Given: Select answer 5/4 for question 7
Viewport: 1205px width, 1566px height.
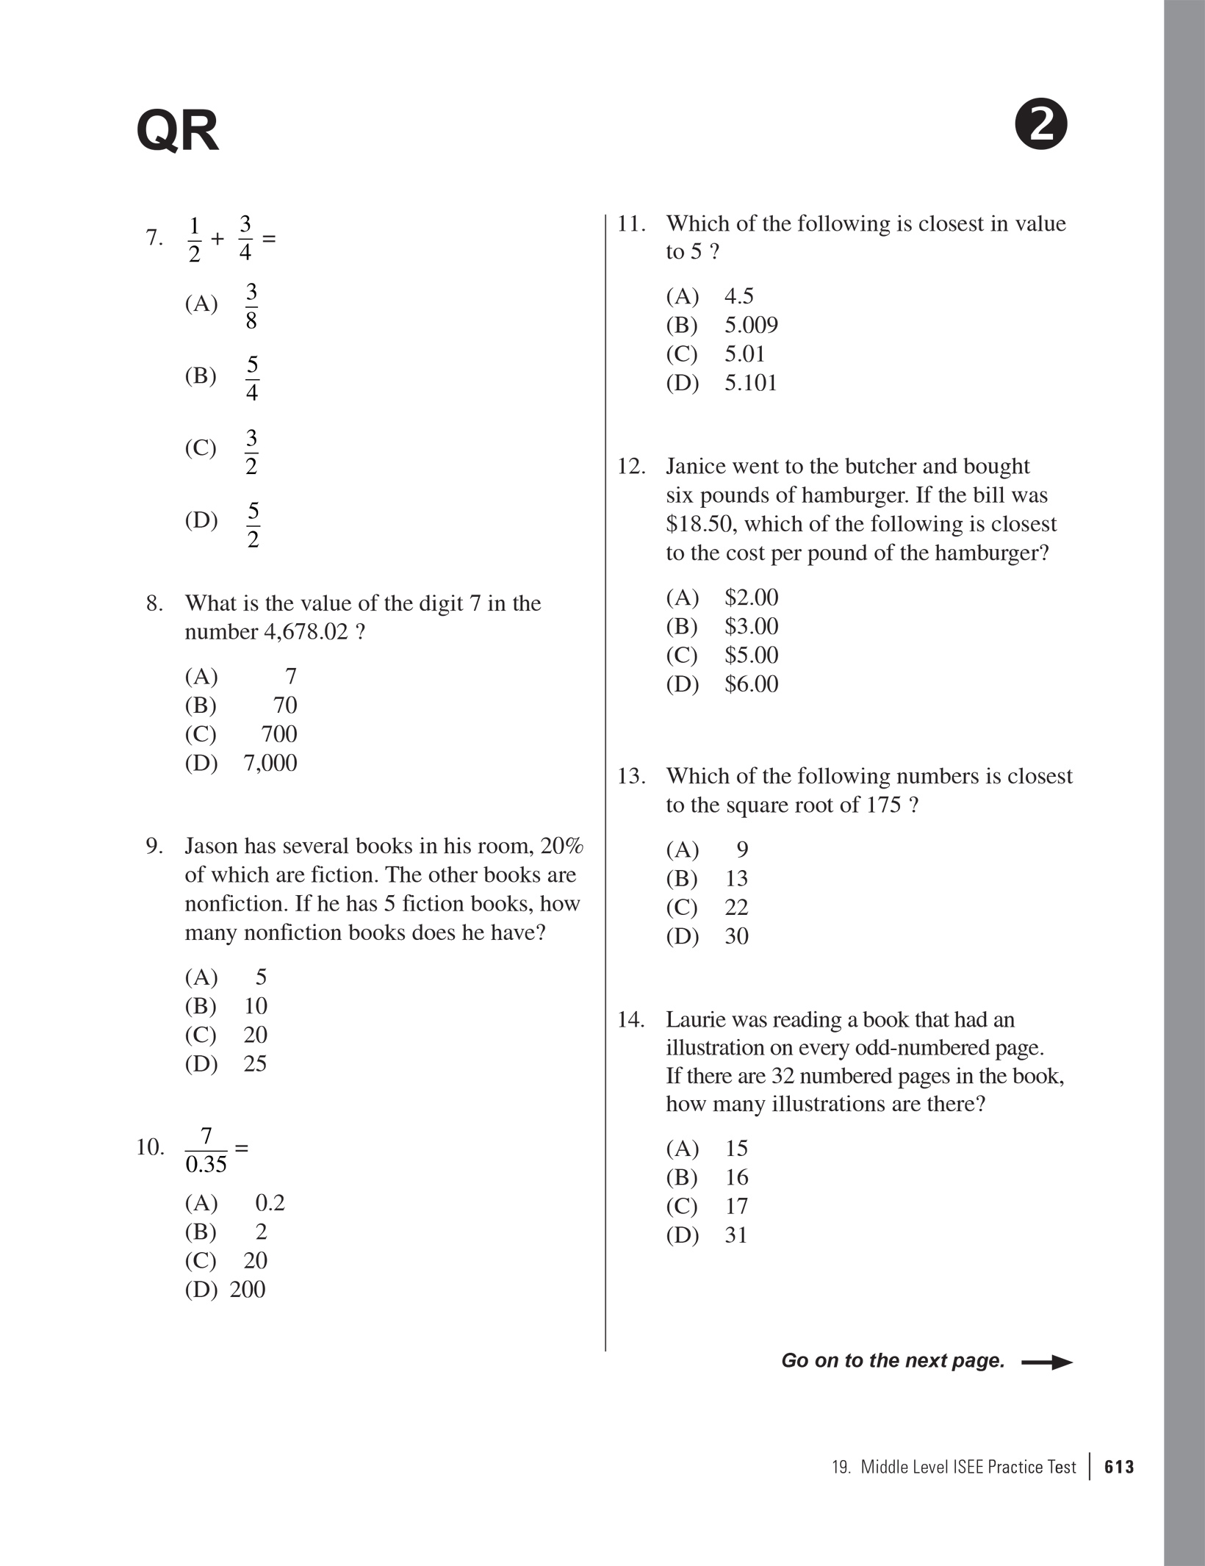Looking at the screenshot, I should pos(251,378).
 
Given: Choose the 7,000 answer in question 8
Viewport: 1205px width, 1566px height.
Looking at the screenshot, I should pos(270,763).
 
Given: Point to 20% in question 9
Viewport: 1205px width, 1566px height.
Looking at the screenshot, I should pos(561,846).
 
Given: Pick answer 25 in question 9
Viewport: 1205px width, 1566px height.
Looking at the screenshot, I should pos(254,1063).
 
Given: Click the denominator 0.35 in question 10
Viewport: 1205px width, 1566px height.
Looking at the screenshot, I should pos(206,1165).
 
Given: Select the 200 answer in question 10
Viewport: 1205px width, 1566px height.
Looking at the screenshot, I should pos(247,1290).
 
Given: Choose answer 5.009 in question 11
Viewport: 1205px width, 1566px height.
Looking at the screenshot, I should pos(750,325).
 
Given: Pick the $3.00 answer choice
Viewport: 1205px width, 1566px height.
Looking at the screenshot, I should pos(751,626).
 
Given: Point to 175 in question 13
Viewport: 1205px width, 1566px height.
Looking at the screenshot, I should pos(883,805).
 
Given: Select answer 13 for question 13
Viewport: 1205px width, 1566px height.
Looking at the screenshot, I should pos(736,878).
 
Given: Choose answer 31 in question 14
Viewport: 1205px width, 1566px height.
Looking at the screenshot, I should pos(736,1235).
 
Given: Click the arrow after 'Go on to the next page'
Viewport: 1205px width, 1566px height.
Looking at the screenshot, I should pos(1047,1362).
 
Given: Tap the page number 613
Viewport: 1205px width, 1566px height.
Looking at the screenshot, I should pos(1119,1468).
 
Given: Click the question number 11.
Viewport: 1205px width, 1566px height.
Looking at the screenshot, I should pos(630,223).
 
